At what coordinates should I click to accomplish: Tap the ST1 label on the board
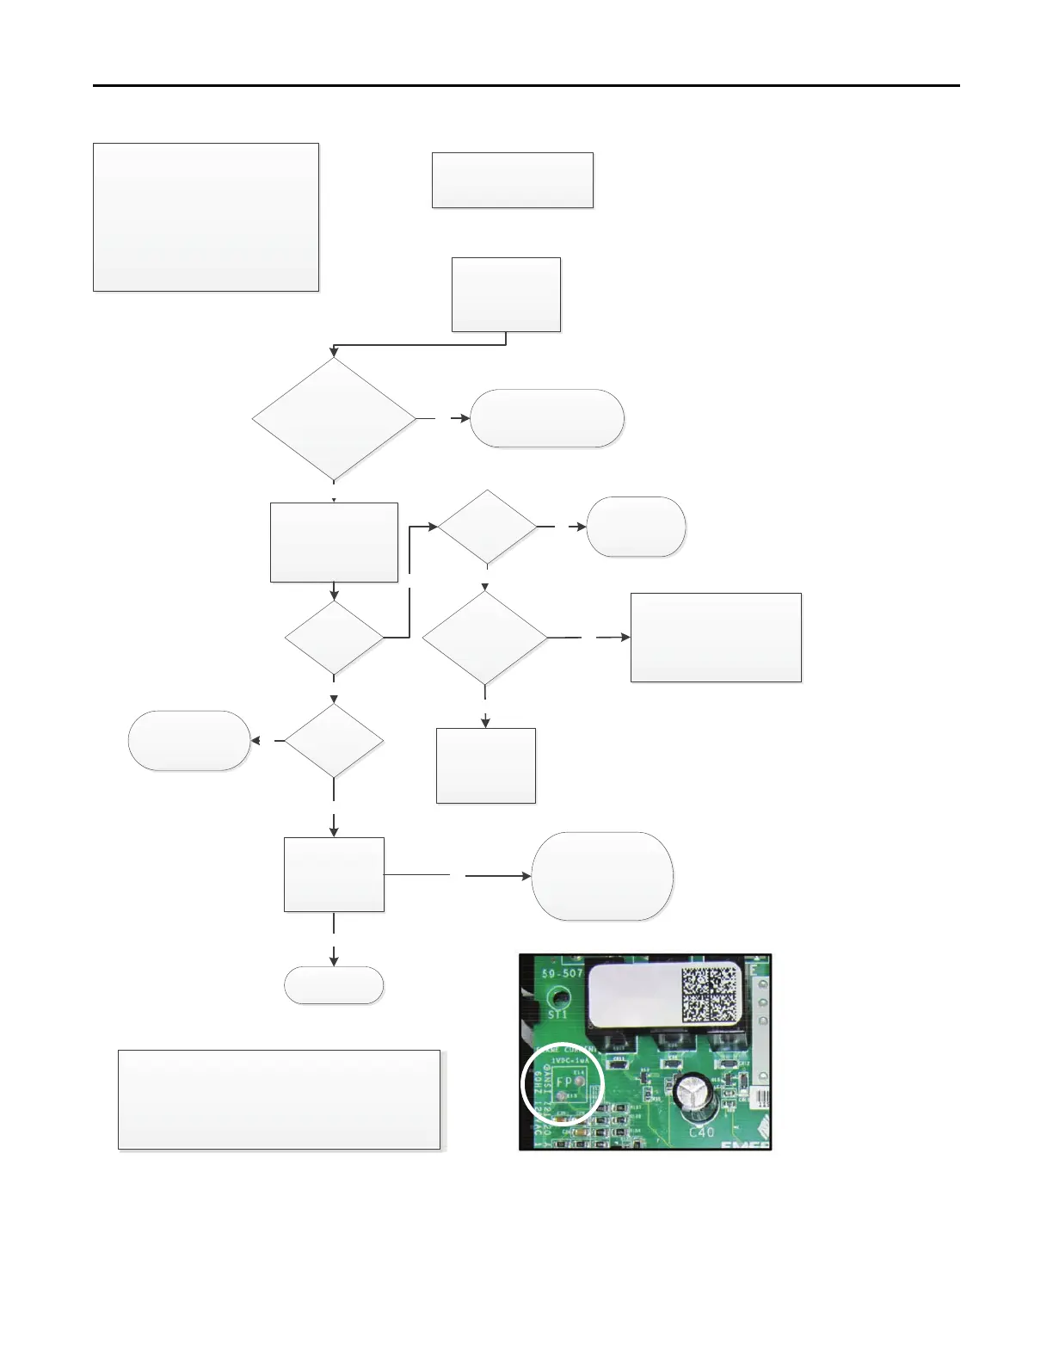[x=557, y=1015]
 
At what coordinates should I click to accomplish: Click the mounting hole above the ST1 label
[x=560, y=998]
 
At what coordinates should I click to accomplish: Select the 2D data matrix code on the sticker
[x=710, y=994]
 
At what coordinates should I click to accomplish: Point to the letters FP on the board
[x=564, y=1082]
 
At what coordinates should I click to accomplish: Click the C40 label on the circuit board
[x=701, y=1132]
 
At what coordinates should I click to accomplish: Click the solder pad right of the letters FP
[x=579, y=1081]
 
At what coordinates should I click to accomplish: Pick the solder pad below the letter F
[x=561, y=1096]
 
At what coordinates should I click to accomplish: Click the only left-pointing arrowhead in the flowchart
[x=256, y=740]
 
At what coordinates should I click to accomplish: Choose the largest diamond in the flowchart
[x=334, y=419]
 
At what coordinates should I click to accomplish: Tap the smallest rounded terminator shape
[x=334, y=985]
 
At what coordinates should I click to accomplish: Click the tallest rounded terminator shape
[x=602, y=876]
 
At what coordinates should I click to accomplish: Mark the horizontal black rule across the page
[x=526, y=86]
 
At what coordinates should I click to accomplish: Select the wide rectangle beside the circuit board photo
[x=279, y=1100]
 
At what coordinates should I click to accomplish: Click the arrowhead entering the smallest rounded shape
[x=334, y=961]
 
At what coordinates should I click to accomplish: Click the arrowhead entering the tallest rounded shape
[x=526, y=876]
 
